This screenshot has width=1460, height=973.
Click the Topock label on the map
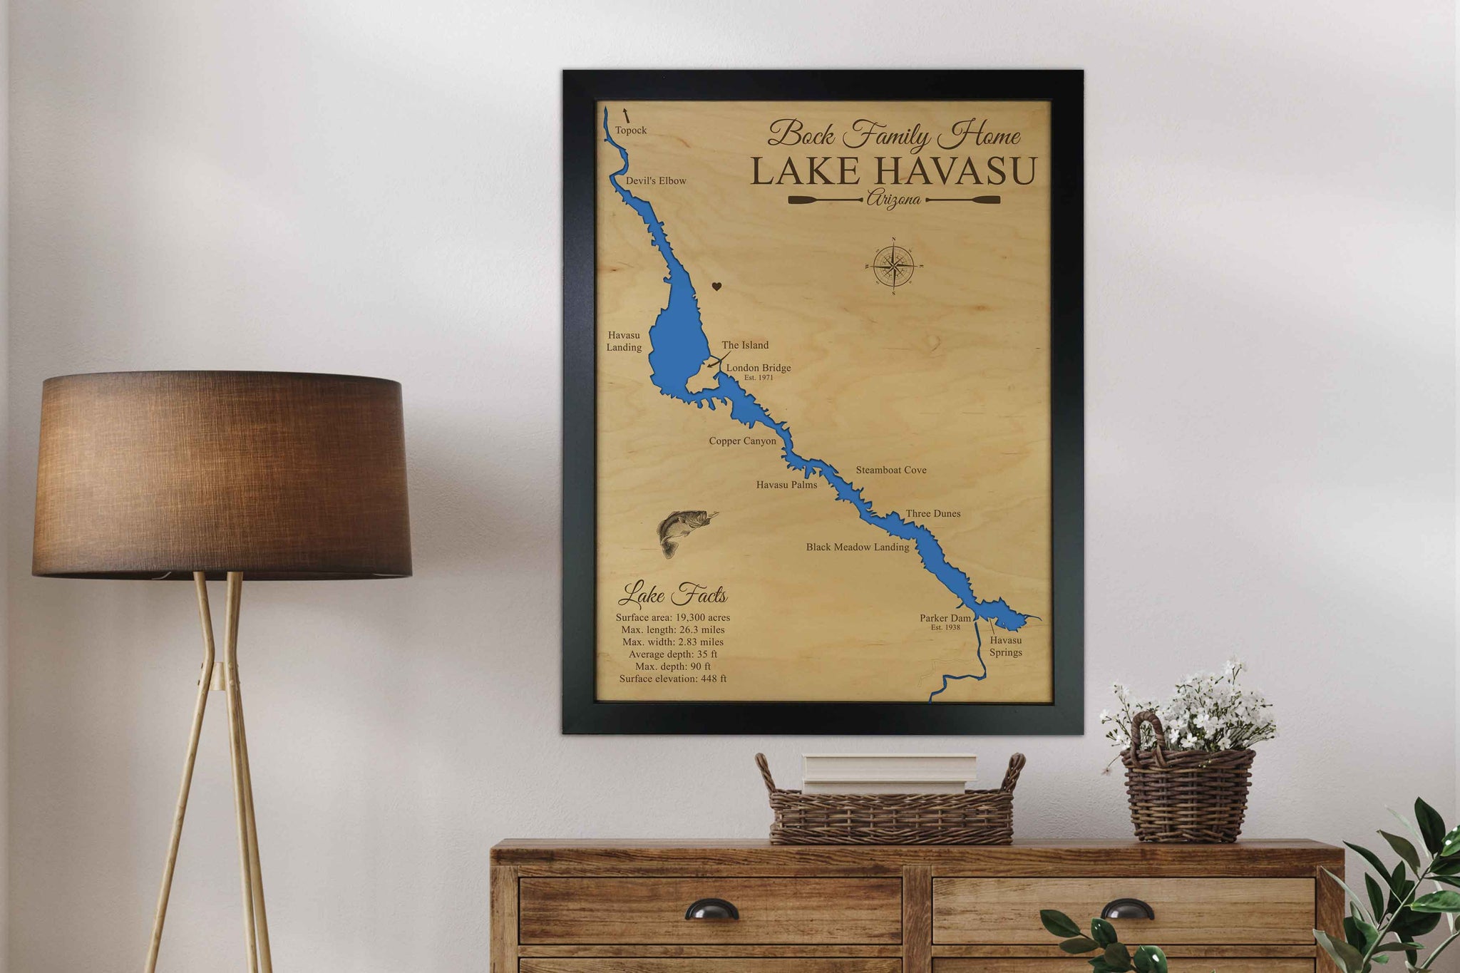tap(631, 130)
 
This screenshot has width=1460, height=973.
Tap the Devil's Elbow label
tap(656, 181)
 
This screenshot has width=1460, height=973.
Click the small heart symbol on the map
tap(717, 287)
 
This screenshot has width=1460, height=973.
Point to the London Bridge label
tap(759, 368)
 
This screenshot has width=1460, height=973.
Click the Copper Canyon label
tap(742, 441)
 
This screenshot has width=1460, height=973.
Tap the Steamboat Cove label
tap(891, 470)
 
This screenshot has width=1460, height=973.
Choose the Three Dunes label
tap(933, 513)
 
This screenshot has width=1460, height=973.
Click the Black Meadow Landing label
tap(858, 547)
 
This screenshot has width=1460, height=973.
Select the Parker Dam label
tap(945, 618)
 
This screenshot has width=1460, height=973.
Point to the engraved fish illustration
tap(683, 531)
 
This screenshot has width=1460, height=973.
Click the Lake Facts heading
tap(672, 594)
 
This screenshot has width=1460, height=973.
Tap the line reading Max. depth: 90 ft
tap(672, 666)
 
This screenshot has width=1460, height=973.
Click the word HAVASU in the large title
tap(955, 172)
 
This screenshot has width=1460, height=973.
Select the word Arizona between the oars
tap(893, 200)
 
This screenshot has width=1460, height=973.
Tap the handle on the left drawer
tap(711, 910)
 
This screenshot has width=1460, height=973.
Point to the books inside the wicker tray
tap(889, 773)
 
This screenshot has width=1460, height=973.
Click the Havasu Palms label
tap(786, 485)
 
